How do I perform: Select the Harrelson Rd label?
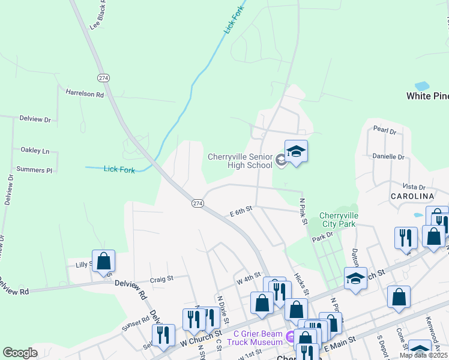tap(85, 94)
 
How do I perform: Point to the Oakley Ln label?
tap(35, 151)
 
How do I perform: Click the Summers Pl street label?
tap(34, 170)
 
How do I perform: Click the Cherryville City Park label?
tap(339, 220)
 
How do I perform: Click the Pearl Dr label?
tap(385, 130)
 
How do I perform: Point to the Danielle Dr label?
tap(388, 157)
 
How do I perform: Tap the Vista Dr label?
tap(414, 187)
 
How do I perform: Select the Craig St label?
tap(161, 278)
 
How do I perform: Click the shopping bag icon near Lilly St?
tap(103, 262)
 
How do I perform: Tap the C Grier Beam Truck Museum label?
tap(258, 338)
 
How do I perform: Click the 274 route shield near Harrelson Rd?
tap(104, 77)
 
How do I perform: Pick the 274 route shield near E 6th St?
tap(197, 203)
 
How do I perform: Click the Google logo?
tap(20, 352)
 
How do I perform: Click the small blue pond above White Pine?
tap(422, 86)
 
